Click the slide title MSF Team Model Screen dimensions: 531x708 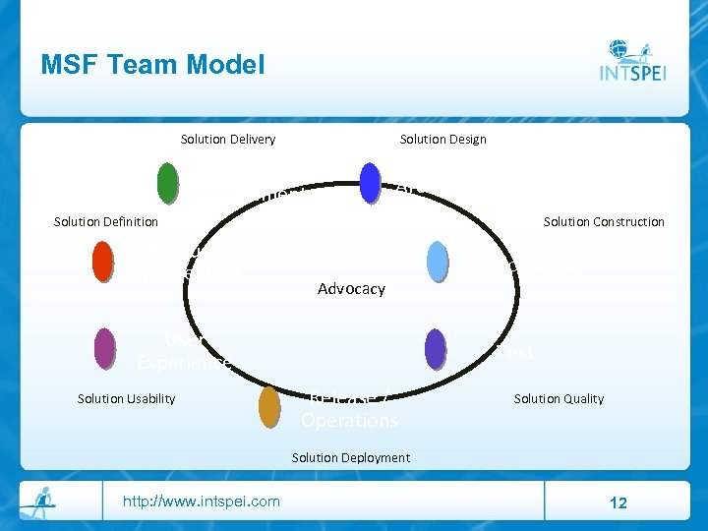[152, 65]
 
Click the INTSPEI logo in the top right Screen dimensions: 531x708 [631, 62]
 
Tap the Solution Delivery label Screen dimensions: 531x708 [228, 139]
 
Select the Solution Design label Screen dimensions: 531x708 [442, 139]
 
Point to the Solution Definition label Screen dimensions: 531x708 [105, 221]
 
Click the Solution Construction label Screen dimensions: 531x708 [604, 221]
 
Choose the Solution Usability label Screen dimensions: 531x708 [126, 398]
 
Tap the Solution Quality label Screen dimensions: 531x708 [559, 398]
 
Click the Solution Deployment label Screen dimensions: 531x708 [351, 457]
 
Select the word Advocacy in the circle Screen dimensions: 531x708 [351, 289]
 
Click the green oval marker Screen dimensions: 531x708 [167, 183]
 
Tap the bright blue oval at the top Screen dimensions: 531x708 [370, 183]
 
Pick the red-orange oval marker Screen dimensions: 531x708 [102, 262]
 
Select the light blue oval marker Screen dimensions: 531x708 [438, 262]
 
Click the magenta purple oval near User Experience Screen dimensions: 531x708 [104, 348]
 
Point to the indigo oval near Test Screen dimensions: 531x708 [435, 348]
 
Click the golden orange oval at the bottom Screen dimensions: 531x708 [269, 407]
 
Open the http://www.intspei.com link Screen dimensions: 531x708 [201, 501]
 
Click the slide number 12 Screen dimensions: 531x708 [618, 502]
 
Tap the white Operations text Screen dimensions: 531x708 [349, 420]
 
